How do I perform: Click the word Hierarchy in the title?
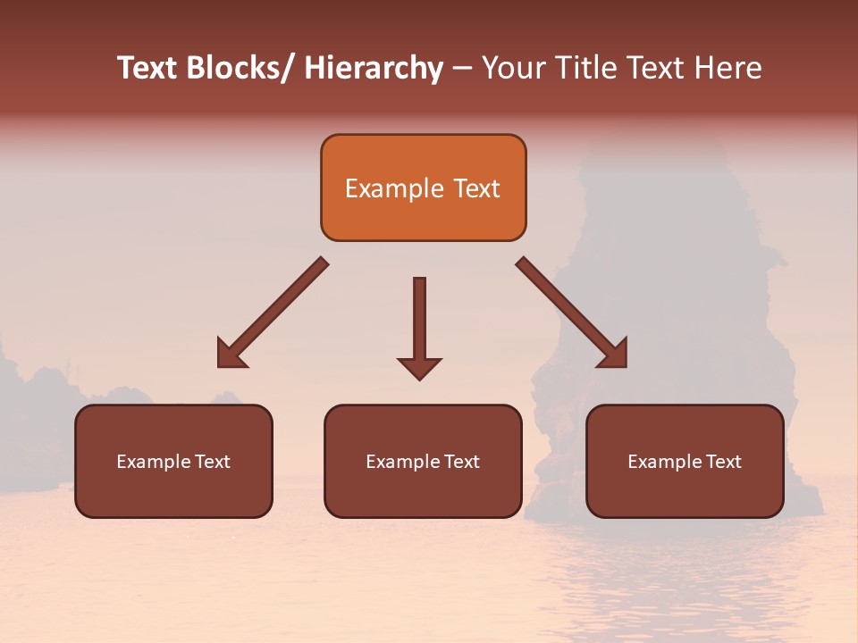(x=374, y=69)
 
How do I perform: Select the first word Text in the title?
(x=149, y=69)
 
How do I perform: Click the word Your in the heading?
(x=513, y=69)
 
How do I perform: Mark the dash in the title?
(x=462, y=69)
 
